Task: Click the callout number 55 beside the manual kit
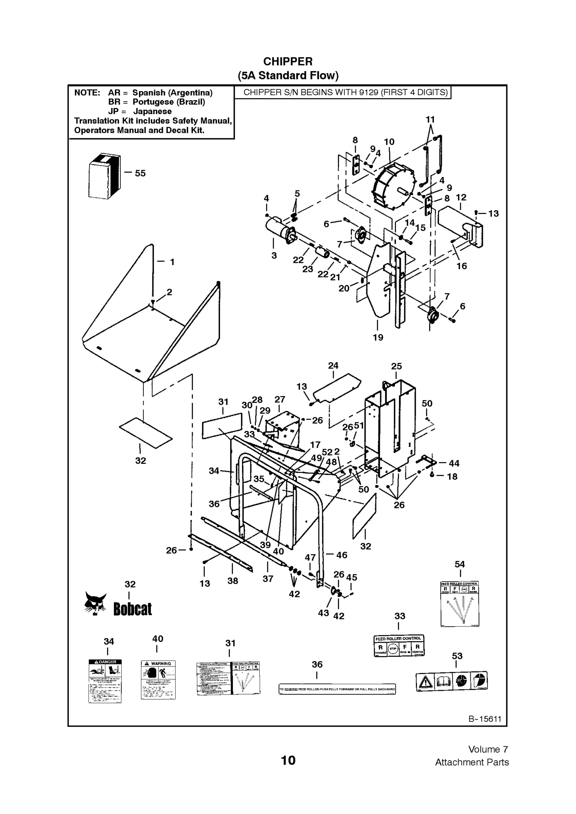point(140,173)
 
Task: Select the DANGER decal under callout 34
point(105,681)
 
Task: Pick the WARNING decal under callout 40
point(158,680)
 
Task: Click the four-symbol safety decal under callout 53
point(452,681)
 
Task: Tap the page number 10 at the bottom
point(288,760)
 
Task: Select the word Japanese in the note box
point(152,111)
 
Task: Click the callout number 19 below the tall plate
point(378,338)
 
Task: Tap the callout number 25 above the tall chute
point(396,366)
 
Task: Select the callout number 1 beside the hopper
point(172,262)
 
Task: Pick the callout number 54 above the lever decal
point(460,564)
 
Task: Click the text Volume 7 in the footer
point(488,749)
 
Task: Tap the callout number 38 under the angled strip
point(233,581)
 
